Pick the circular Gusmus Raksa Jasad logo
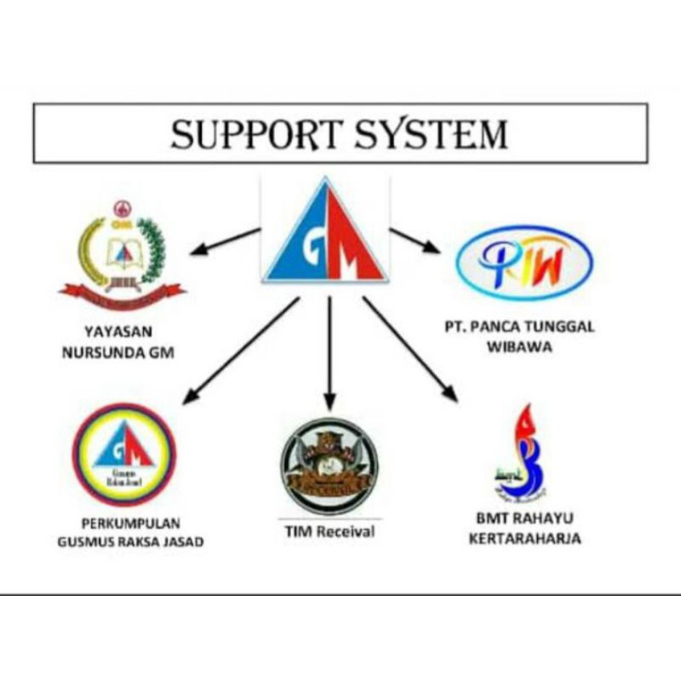[x=123, y=455]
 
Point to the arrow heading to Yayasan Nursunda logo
[x=223, y=241]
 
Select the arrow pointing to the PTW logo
[x=415, y=240]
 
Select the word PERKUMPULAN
[x=129, y=523]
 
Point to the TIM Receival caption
[x=330, y=532]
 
